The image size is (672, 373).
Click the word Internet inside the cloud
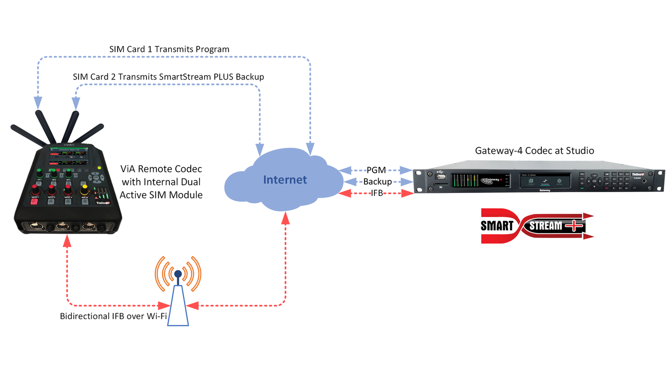coord(285,180)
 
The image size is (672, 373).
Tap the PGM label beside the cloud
coord(376,170)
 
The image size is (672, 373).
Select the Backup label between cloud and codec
coord(377,181)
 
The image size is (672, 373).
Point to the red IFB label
coord(376,193)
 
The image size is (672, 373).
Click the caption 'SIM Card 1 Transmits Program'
coord(169,49)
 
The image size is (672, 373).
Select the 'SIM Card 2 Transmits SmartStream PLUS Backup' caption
coord(168,76)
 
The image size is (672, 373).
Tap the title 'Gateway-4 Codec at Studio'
coord(534,151)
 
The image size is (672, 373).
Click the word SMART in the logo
coord(496,226)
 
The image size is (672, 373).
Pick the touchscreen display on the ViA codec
coord(68,156)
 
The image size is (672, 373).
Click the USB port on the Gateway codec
coord(441,176)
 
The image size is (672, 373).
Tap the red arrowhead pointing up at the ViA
coord(67,240)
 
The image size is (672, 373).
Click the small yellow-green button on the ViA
coord(99,169)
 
